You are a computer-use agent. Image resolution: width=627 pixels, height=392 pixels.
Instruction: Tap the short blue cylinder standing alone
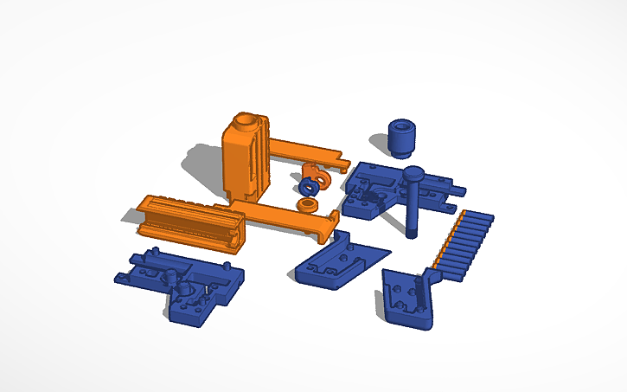400,138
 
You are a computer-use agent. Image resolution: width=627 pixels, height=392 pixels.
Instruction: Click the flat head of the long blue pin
413,172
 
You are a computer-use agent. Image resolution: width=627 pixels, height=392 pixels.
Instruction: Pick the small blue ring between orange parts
309,186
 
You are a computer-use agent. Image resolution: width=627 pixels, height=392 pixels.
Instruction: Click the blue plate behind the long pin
372,190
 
